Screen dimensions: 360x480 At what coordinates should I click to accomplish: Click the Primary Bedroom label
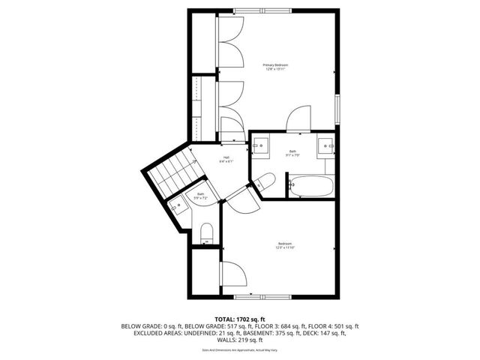point(275,67)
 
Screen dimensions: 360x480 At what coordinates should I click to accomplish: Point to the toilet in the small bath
point(208,230)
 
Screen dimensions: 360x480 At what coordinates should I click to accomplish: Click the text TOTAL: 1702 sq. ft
point(240,319)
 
